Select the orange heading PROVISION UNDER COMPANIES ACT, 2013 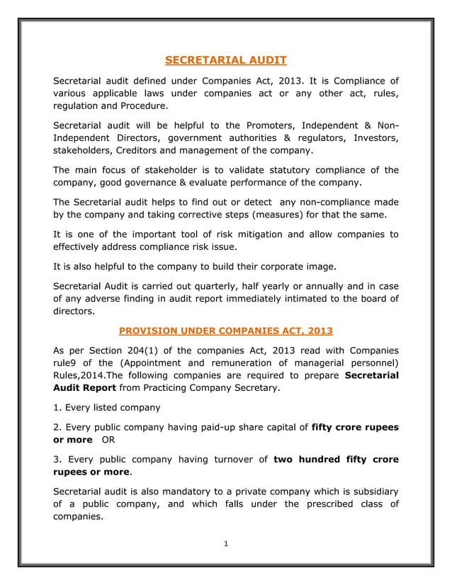click(225, 330)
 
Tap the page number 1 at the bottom click(225, 544)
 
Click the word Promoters click(264, 125)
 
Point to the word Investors click(373, 138)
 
